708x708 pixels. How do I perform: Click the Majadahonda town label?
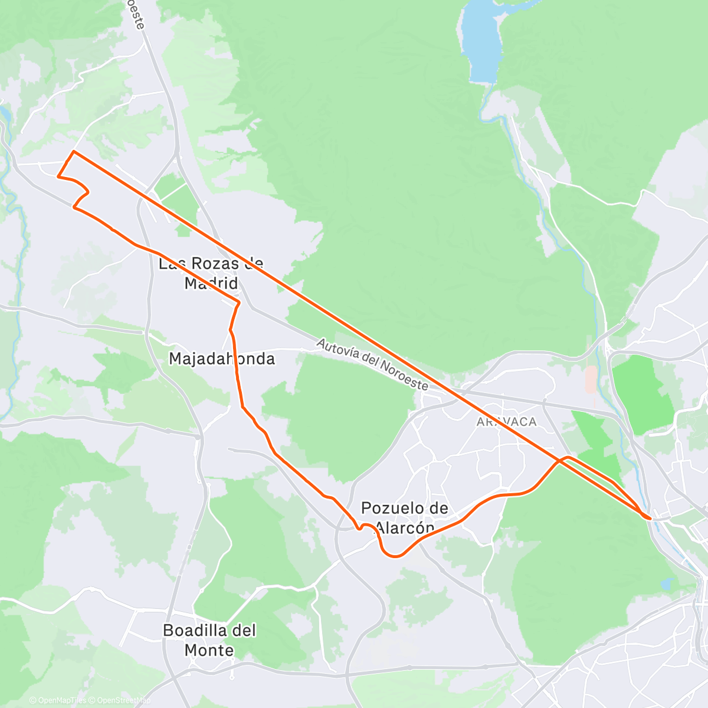[x=222, y=359]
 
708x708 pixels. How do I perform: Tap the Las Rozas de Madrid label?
[x=211, y=273]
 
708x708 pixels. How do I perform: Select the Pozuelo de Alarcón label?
[x=405, y=517]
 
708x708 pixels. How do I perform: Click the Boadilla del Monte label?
[x=209, y=640]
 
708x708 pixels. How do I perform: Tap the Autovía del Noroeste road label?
[x=372, y=364]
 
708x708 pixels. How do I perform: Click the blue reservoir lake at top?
[x=481, y=41]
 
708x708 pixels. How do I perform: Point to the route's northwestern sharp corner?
[x=73, y=152]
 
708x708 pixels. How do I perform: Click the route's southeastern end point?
[x=650, y=518]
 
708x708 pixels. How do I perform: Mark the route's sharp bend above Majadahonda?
[x=239, y=303]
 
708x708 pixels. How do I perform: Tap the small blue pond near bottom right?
[x=666, y=584]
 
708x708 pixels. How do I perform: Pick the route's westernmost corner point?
[x=57, y=176]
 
